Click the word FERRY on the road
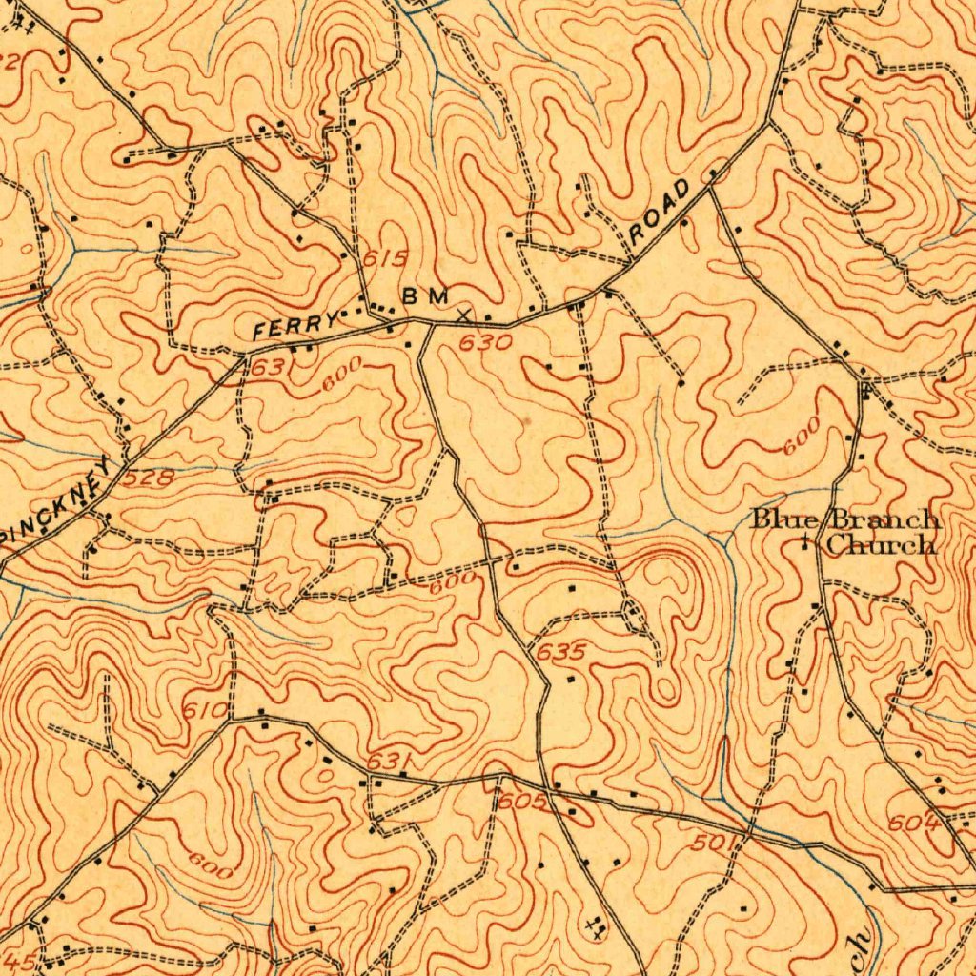pos(295,325)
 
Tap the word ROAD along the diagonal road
pos(659,210)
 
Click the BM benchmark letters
pos(424,296)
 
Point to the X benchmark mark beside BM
pos(463,314)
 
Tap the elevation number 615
pos(385,258)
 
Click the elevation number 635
pos(560,653)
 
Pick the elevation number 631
pos(389,761)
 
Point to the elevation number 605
pos(522,803)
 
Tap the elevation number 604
pos(914,823)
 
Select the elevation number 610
pos(205,710)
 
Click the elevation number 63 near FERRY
pos(266,367)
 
